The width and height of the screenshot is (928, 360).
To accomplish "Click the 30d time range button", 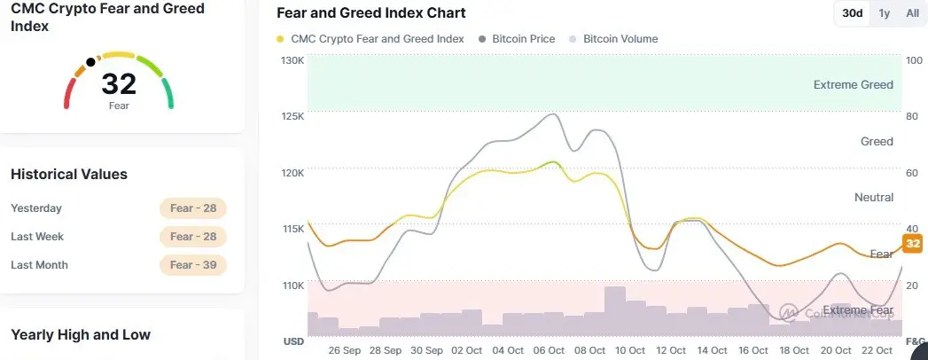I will [853, 13].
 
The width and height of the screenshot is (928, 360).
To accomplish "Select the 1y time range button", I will [885, 13].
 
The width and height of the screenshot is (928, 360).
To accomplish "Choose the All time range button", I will [912, 13].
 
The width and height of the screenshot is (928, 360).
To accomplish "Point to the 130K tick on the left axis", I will [292, 60].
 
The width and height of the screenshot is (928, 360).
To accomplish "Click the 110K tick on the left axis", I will [292, 286].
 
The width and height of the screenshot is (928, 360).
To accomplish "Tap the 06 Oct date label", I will [550, 350].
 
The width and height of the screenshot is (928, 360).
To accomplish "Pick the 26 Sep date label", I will [344, 350].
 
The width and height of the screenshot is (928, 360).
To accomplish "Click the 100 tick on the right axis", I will [913, 60].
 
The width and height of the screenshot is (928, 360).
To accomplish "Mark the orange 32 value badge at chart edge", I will [913, 244].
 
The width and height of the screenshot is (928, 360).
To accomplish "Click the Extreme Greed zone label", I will [853, 85].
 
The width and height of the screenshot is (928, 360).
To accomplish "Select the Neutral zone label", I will [873, 197].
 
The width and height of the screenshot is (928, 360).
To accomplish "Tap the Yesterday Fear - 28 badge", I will [193, 208].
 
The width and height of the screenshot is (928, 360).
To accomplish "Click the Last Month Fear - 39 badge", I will [193, 265].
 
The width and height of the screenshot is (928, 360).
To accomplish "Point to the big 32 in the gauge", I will [119, 84].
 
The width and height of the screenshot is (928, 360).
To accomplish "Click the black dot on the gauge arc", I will [90, 63].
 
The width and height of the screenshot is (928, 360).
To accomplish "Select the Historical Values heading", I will [69, 175].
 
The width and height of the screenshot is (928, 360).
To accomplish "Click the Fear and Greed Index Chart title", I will [370, 13].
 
